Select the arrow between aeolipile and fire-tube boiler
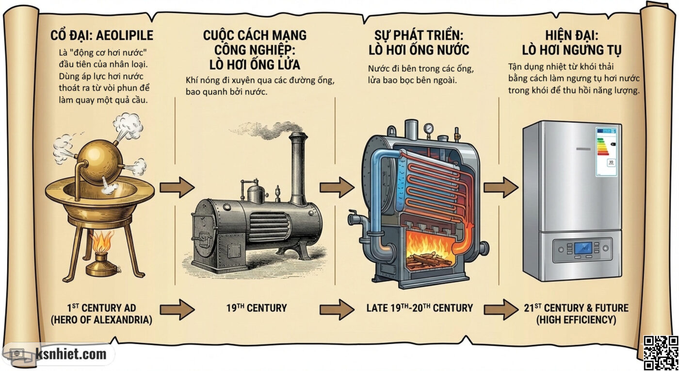[x=177, y=187]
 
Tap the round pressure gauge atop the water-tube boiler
[x=428, y=129]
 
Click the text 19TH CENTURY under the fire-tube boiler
[x=257, y=308]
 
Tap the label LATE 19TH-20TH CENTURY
[x=420, y=308]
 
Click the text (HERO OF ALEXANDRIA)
[x=102, y=320]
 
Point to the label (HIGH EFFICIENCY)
[x=576, y=320]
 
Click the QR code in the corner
[x=660, y=353]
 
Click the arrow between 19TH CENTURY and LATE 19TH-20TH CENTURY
[x=337, y=309]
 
